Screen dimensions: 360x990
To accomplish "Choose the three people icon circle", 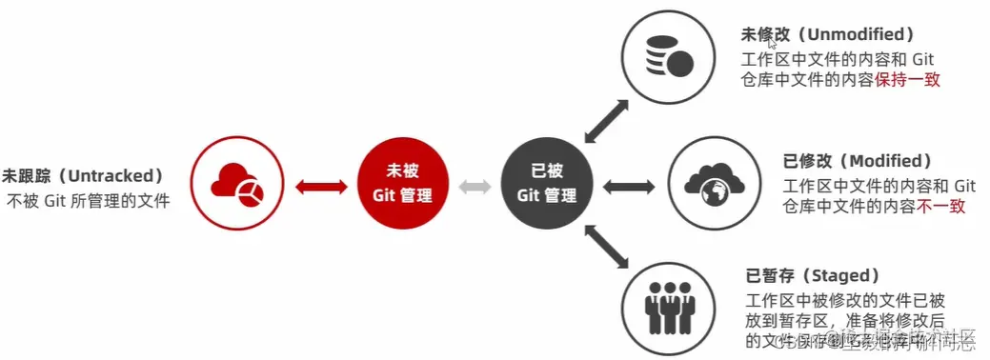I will coord(667,307).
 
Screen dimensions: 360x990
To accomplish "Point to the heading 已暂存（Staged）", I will coord(812,276).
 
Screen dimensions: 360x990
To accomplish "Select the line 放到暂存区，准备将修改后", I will coord(849,319).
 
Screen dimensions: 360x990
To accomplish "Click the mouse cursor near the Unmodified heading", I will coord(772,43).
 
